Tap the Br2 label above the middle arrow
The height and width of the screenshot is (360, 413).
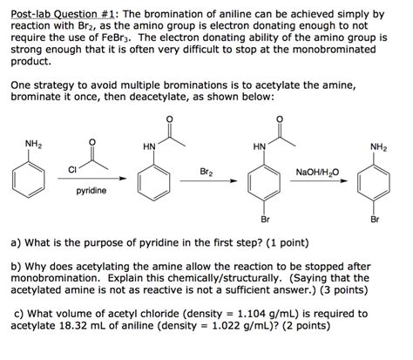point(206,171)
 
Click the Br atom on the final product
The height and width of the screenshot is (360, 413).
point(375,220)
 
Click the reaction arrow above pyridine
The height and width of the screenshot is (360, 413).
point(92,180)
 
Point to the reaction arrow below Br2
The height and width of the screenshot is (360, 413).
point(206,180)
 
